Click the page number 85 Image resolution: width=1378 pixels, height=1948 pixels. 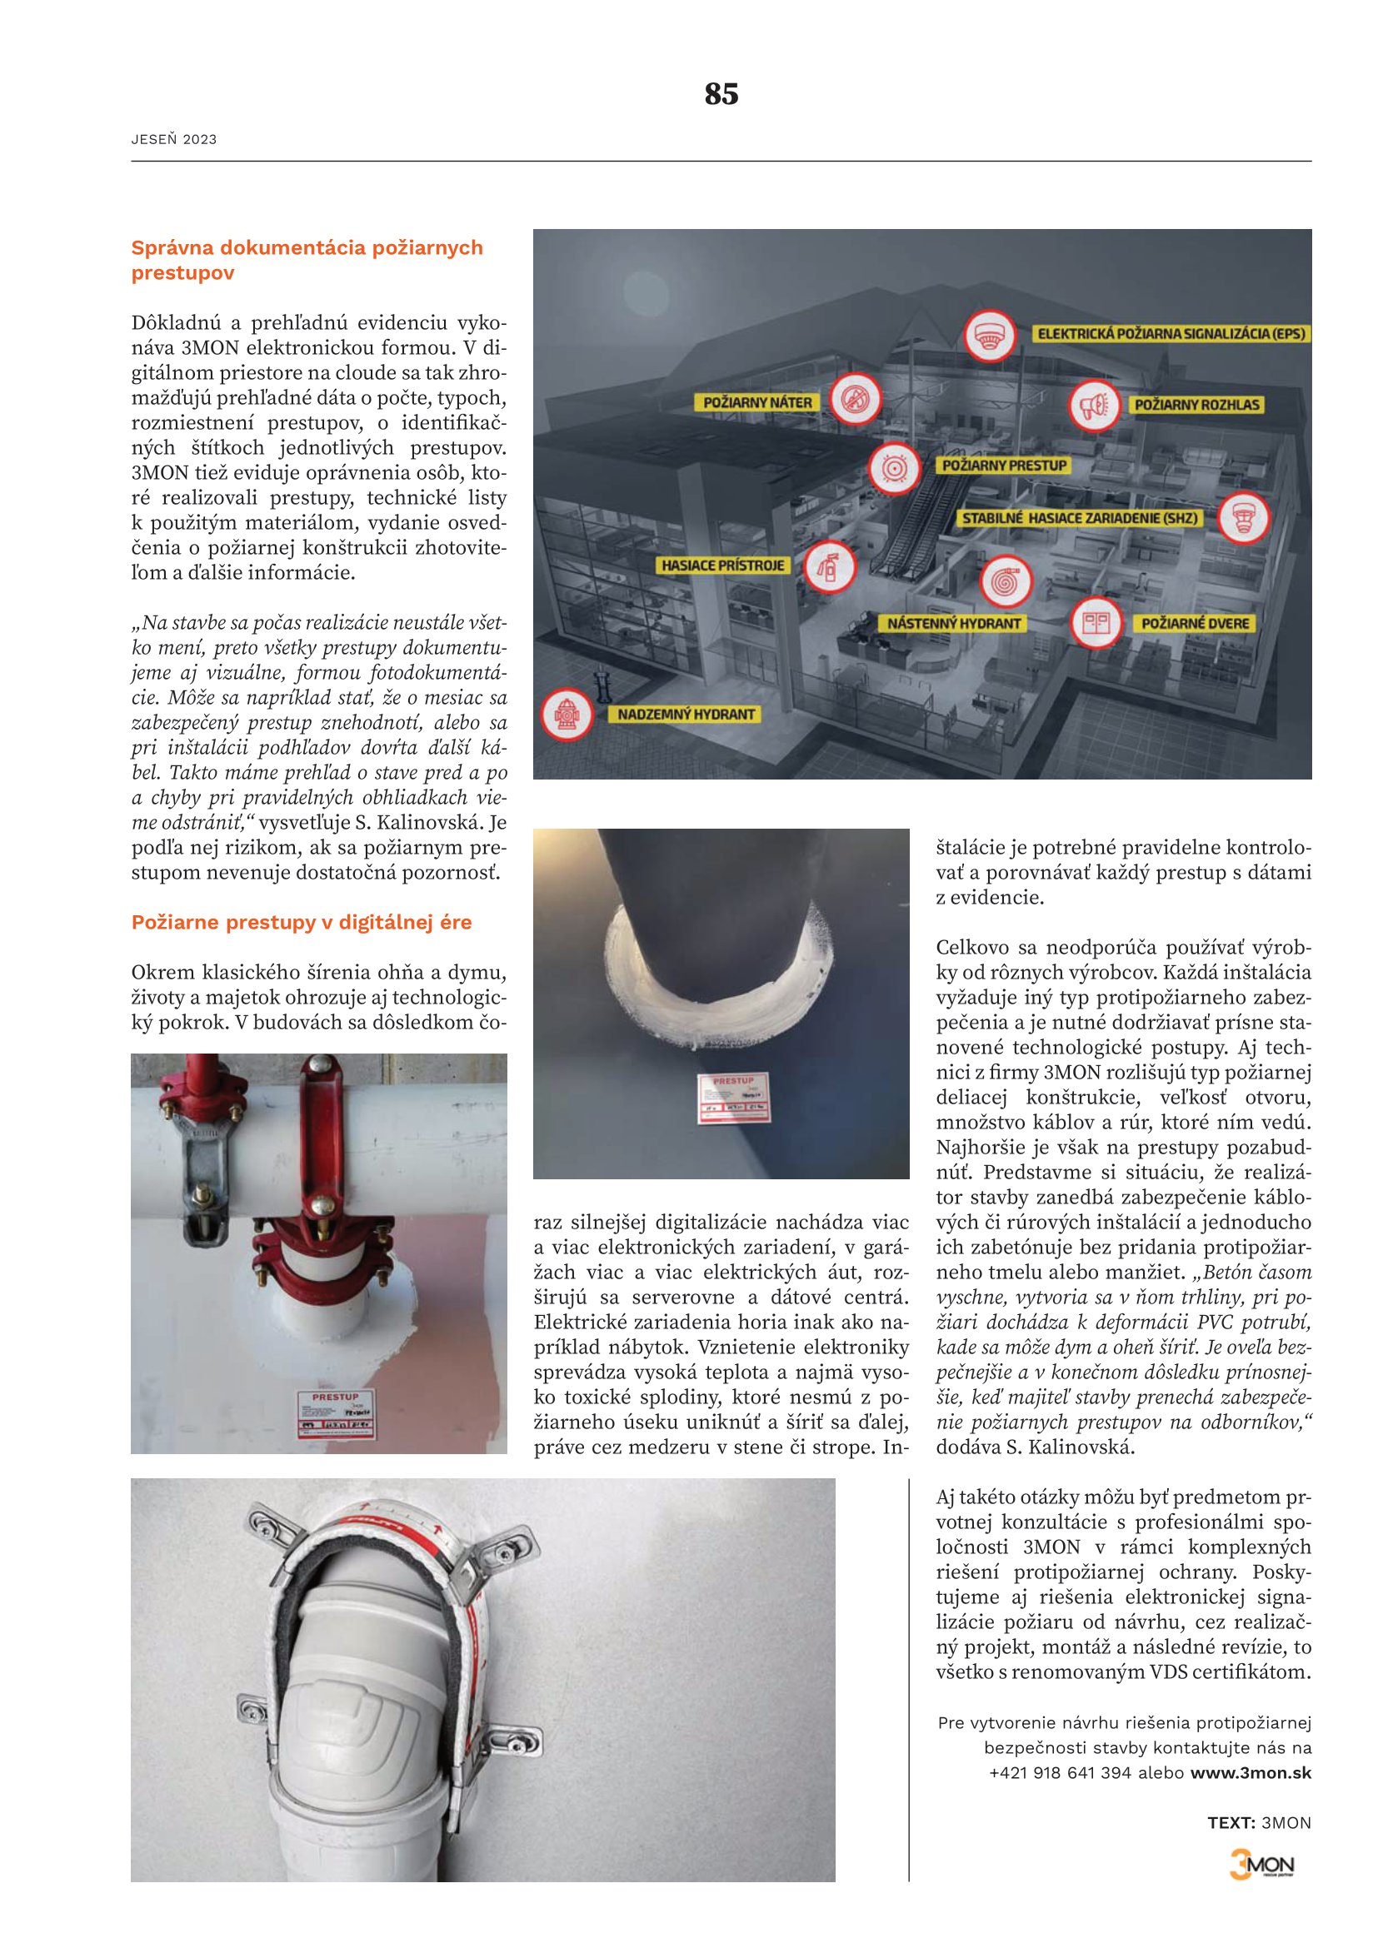point(721,93)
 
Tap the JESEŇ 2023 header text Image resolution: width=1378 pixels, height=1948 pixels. point(174,140)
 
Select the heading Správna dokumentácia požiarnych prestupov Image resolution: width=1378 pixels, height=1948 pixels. point(307,260)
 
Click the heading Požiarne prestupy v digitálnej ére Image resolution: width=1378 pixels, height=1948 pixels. point(302,922)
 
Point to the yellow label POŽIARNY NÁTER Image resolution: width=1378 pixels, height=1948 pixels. point(756,402)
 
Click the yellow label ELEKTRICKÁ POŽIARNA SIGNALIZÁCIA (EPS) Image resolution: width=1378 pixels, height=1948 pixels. point(1171,333)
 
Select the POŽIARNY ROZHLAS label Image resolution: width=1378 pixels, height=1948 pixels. point(1196,405)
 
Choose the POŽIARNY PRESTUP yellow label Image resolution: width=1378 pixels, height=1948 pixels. point(1004,465)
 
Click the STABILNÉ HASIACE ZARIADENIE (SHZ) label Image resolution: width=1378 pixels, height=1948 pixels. point(1079,517)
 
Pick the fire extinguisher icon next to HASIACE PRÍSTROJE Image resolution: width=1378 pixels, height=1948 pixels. point(828,565)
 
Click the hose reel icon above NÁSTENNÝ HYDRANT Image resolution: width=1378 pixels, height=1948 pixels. point(1006,582)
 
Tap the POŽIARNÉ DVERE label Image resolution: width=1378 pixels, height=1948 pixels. point(1195,624)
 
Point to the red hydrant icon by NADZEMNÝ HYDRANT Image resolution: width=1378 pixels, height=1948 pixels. point(567,715)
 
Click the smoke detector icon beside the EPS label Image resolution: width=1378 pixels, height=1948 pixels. point(990,335)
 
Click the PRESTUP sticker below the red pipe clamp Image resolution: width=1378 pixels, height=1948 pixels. point(336,1413)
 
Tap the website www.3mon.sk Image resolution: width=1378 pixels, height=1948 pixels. point(1251,1772)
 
